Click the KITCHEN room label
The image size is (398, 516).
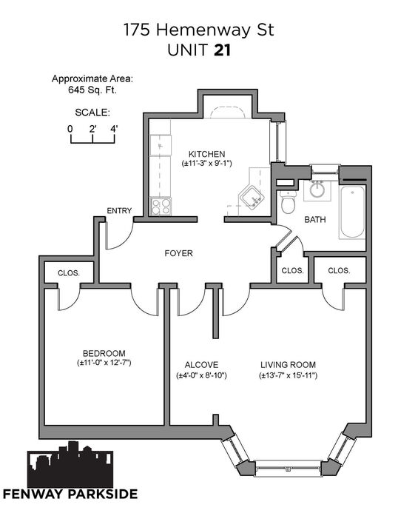tap(206, 154)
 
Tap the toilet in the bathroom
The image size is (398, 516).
tap(289, 201)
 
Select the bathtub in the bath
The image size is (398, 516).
tap(352, 212)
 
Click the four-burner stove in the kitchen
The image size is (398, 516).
tap(161, 207)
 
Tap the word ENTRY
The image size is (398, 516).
tap(119, 210)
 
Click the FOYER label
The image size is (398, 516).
tap(178, 253)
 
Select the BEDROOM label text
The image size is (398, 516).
tap(104, 353)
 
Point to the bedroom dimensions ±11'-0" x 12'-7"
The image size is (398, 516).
tap(104, 363)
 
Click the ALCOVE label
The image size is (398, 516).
tap(201, 365)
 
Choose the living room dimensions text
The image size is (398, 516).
tap(288, 375)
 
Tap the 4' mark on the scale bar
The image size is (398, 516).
tap(114, 129)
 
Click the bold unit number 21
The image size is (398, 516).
tap(223, 50)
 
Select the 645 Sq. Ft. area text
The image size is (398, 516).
tap(92, 90)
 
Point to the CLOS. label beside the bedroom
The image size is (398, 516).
tap(68, 273)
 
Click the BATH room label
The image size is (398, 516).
tap(315, 219)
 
